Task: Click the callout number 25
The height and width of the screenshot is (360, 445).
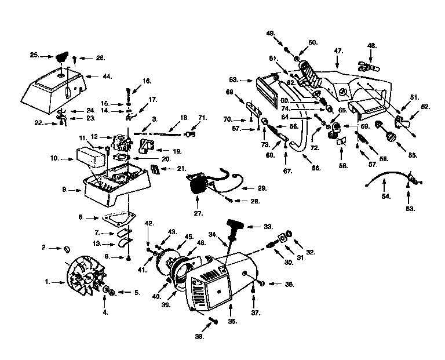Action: [34, 55]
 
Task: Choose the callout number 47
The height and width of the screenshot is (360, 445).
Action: [339, 51]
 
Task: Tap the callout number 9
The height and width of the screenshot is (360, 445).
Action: [65, 189]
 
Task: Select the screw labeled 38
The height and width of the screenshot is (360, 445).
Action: [212, 319]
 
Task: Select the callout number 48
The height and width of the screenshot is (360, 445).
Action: [371, 45]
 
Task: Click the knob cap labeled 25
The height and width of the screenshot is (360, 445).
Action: [60, 57]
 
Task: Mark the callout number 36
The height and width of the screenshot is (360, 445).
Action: [274, 284]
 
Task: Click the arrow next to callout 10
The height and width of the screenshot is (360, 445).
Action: [65, 158]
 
